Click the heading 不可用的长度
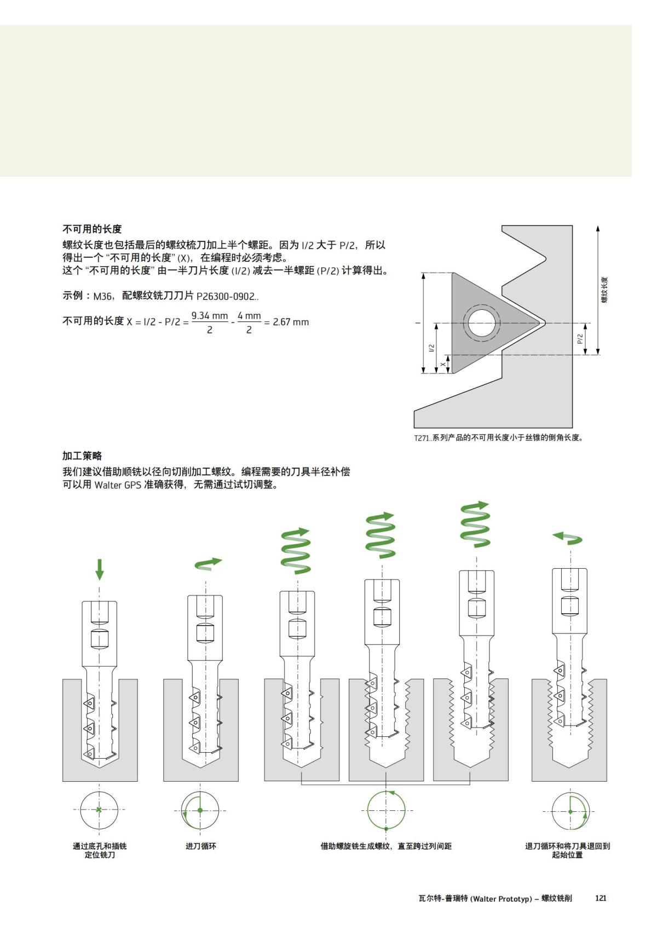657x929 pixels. [x=91, y=229]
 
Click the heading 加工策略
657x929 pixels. [x=82, y=455]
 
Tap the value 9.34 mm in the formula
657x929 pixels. [x=209, y=316]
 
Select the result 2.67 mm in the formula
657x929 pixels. [x=291, y=322]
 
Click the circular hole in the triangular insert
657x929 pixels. [x=482, y=323]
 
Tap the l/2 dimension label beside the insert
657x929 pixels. [x=431, y=348]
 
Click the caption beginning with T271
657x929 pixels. [x=498, y=437]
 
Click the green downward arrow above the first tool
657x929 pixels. [x=99, y=569]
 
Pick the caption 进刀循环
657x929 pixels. [x=200, y=846]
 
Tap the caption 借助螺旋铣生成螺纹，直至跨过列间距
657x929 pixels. [x=386, y=846]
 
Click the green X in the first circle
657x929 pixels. [x=99, y=810]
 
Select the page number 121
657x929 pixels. [x=601, y=898]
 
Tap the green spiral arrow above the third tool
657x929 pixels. [x=296, y=550]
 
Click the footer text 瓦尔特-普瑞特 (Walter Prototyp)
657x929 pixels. [x=475, y=898]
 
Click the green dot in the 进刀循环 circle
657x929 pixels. [x=200, y=810]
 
